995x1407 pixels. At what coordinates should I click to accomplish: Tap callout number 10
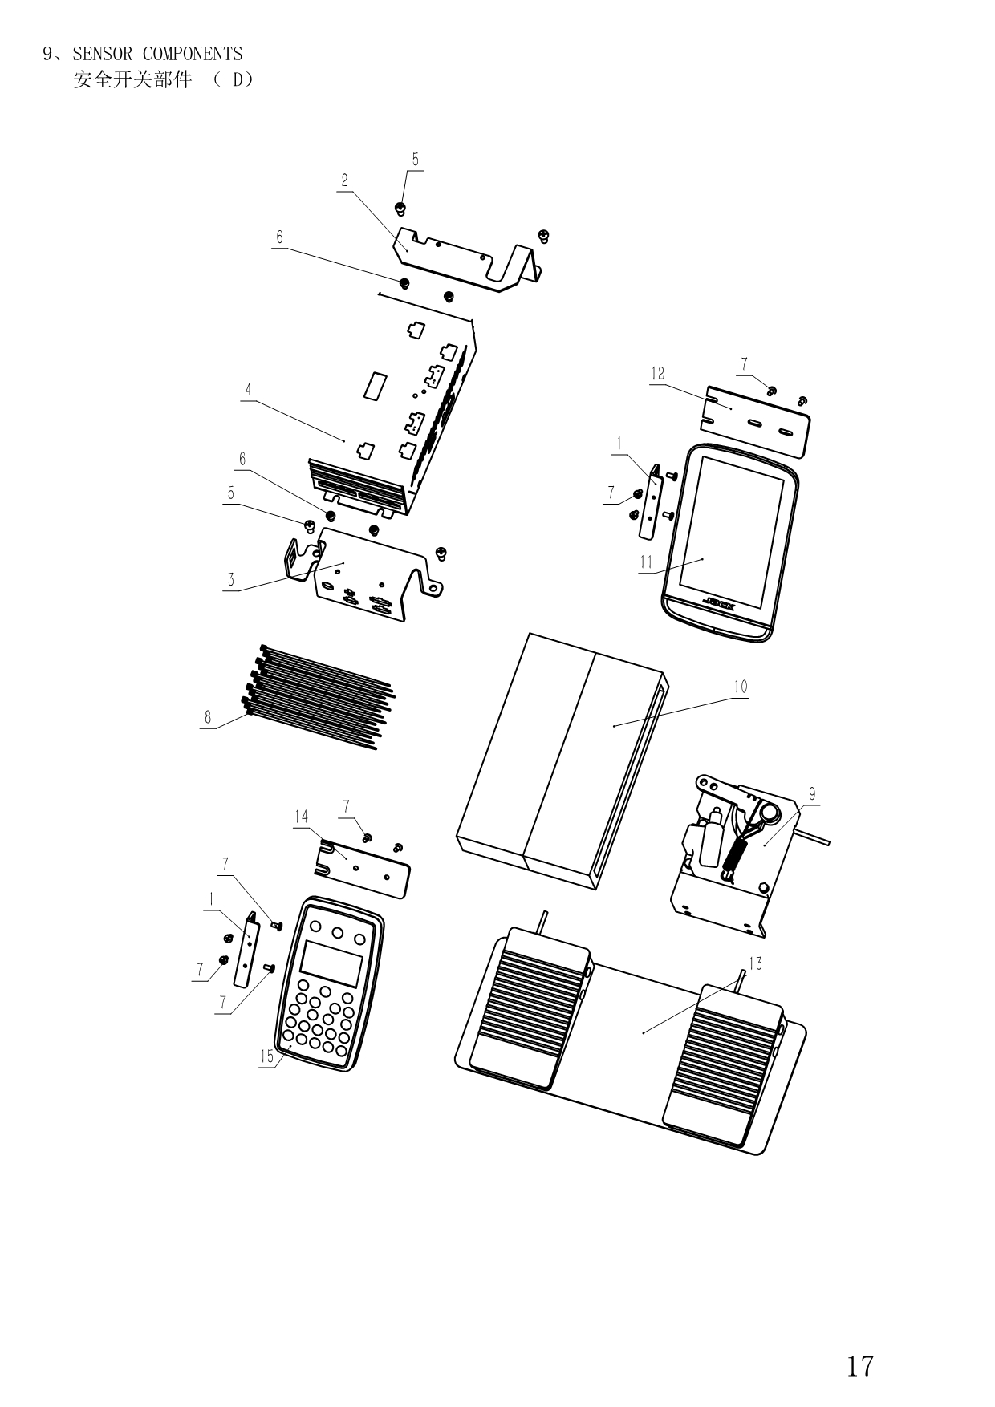point(740,687)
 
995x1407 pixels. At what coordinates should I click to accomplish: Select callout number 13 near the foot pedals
point(755,963)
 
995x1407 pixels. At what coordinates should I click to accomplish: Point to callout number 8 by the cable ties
point(208,717)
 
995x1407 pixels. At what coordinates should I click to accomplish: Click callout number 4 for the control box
point(249,389)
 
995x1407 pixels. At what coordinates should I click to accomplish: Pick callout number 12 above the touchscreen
point(658,374)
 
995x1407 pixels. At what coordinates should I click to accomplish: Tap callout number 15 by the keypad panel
point(266,1056)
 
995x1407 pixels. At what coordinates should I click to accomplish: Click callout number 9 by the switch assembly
point(812,794)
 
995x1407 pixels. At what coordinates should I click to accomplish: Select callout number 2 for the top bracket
point(345,180)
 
